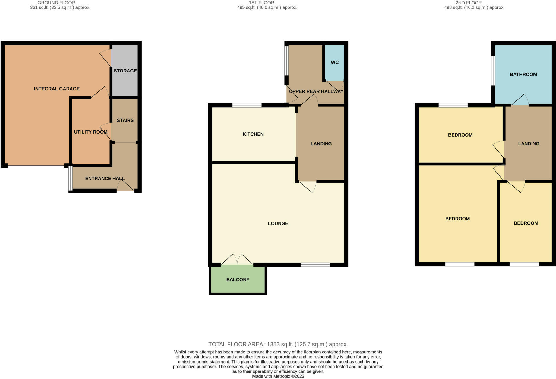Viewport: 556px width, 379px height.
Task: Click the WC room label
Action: coord(335,62)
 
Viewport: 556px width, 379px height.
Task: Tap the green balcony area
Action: coord(238,280)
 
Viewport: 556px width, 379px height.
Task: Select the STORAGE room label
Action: coord(125,71)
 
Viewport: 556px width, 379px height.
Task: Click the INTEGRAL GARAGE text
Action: coord(57,89)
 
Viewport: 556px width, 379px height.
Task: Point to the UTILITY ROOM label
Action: coord(91,132)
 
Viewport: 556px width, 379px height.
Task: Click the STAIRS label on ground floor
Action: coord(125,120)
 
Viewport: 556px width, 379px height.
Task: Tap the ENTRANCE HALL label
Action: coord(105,178)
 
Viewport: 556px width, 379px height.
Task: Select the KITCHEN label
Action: coord(253,134)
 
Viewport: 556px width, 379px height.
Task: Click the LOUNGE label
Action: coord(278,223)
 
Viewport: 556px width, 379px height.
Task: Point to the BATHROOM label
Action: coord(523,74)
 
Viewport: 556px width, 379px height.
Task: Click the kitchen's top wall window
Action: coord(247,105)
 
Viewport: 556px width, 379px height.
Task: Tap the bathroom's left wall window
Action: coord(493,71)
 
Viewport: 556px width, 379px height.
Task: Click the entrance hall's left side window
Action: coord(70,178)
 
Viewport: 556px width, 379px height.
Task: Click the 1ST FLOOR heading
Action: coord(261,3)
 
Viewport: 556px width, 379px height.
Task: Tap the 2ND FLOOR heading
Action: coord(468,3)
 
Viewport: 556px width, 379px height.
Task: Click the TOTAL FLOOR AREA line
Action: coord(278,344)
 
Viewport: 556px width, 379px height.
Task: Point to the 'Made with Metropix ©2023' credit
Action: coord(278,376)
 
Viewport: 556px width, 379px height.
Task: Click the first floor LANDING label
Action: coord(321,144)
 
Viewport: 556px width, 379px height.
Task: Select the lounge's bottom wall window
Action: coord(315,265)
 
